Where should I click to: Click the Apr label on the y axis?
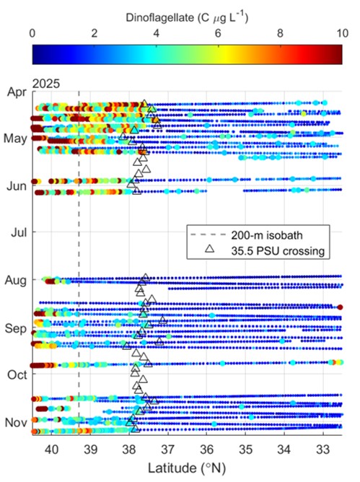click(17, 92)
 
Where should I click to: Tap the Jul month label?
click(19, 232)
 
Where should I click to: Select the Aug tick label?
click(16, 281)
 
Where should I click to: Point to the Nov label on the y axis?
click(16, 423)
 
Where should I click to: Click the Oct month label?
click(17, 374)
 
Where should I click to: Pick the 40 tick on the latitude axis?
click(52, 450)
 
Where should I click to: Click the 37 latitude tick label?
click(168, 450)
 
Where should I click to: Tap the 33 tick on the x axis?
click(323, 450)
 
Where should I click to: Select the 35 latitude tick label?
click(245, 450)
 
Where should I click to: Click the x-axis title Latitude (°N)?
click(187, 468)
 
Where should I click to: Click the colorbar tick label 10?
click(342, 33)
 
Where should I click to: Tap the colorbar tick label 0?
click(32, 33)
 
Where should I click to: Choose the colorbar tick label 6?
click(218, 33)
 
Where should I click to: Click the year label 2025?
click(46, 84)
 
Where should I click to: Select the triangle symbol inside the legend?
click(210, 249)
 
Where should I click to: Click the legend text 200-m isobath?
click(267, 235)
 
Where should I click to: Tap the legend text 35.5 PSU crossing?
click(278, 251)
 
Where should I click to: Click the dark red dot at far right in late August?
click(340, 307)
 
